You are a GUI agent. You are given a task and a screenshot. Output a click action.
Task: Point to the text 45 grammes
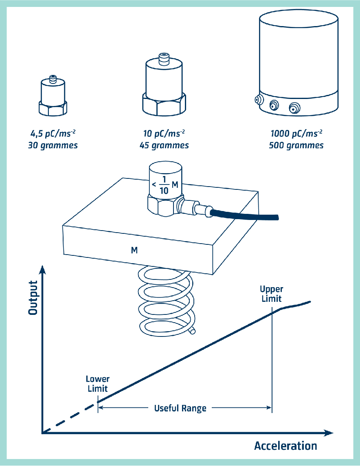[164, 145]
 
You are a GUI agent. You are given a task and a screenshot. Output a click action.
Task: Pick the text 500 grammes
[296, 145]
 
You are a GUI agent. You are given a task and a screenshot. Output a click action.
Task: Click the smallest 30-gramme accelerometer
[53, 96]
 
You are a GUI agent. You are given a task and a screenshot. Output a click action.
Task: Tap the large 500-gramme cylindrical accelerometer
[299, 61]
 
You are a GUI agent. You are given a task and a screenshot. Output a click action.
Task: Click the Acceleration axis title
[285, 446]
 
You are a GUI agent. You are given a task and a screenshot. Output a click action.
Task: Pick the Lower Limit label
[98, 384]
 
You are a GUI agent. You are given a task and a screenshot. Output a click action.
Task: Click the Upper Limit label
[271, 294]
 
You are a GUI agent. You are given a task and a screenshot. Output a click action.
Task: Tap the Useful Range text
[180, 408]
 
